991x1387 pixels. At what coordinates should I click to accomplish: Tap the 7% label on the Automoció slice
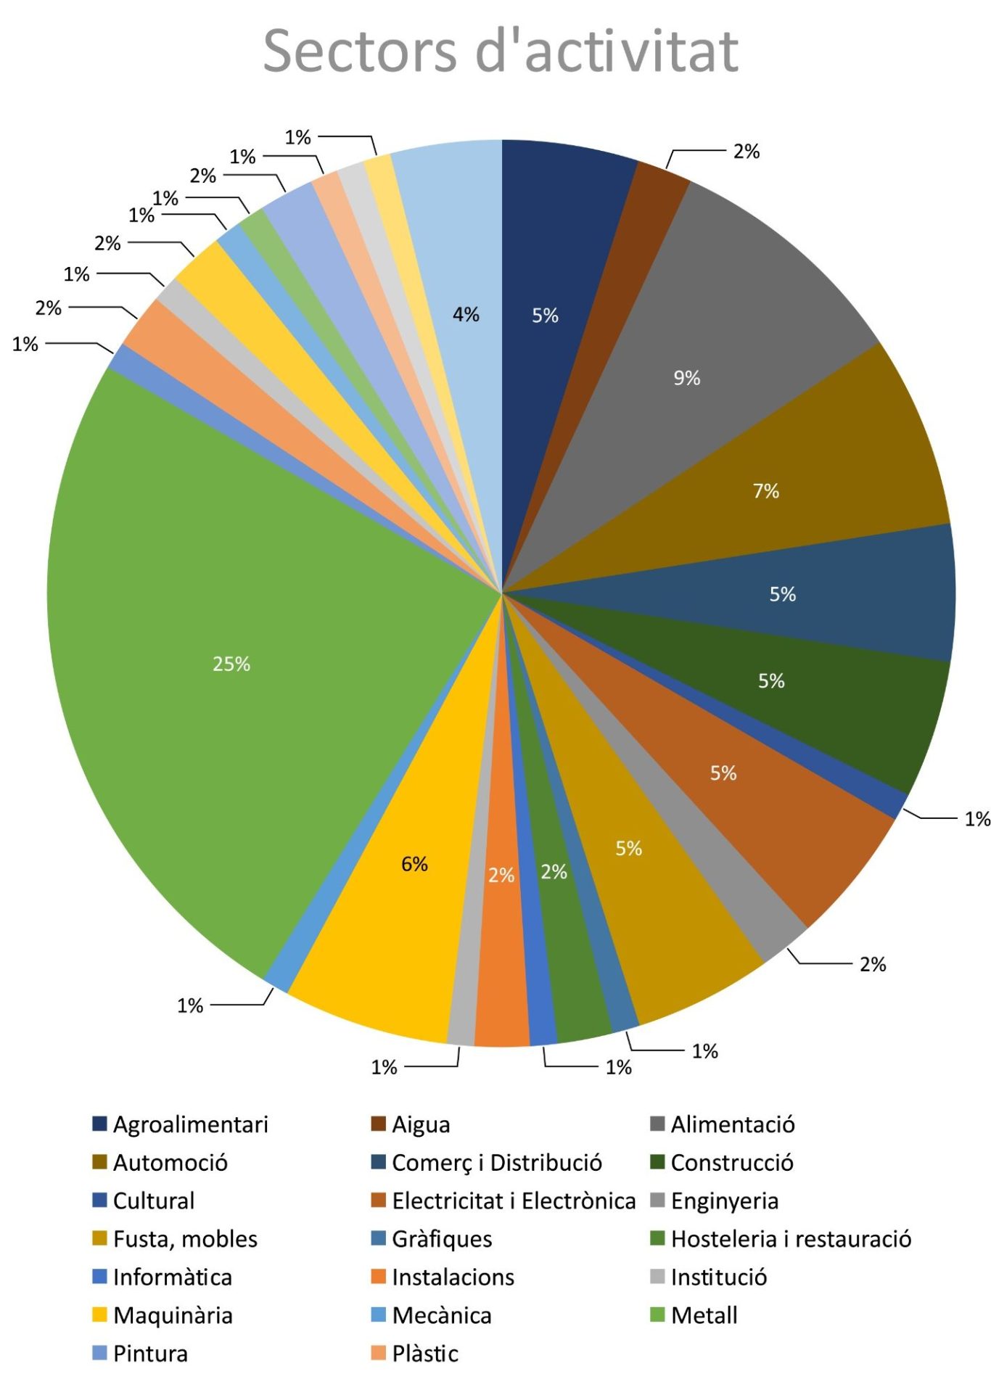pos(766,491)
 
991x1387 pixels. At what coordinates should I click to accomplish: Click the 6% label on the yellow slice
pos(414,864)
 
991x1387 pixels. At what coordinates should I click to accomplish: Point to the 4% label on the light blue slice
pos(466,314)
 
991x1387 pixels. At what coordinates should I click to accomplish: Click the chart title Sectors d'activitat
pos(501,51)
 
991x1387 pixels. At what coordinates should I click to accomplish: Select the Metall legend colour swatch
pos(658,1314)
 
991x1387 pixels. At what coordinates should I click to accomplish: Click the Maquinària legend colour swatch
pos(100,1314)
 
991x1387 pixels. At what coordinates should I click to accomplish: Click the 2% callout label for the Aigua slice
pos(747,152)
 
